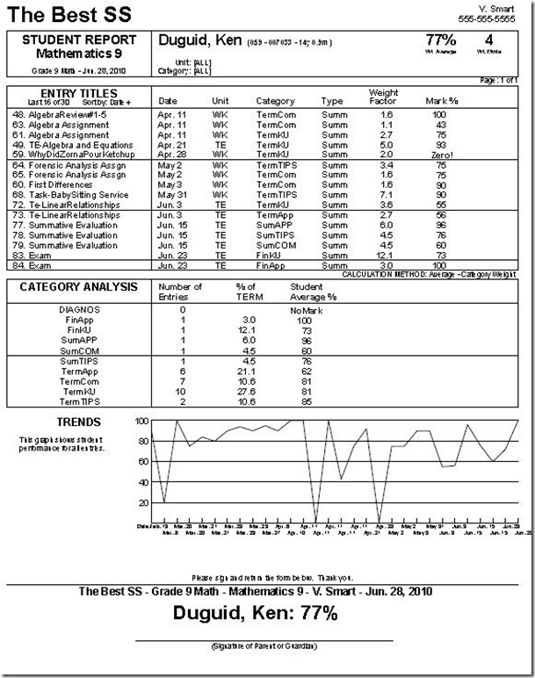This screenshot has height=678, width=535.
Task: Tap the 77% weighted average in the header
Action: [x=440, y=40]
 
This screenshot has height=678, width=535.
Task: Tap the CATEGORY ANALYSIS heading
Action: [x=79, y=286]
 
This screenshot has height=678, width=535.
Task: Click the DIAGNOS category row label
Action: [x=78, y=309]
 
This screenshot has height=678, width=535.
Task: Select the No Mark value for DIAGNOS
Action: [x=306, y=309]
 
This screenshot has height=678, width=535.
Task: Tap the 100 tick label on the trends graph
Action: [x=141, y=422]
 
